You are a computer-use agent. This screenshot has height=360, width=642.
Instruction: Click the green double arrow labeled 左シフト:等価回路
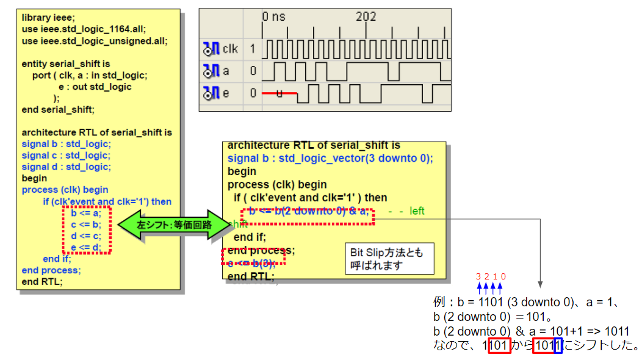coord(174,225)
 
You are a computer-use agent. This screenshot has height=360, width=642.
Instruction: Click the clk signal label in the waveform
coord(231,48)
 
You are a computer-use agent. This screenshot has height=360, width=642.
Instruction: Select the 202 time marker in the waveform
coord(366,16)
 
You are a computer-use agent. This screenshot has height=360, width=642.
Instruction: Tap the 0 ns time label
coord(274,16)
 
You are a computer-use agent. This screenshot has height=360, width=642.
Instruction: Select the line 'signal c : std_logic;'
coord(66,156)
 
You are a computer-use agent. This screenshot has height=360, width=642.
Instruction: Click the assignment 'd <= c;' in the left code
coord(86,236)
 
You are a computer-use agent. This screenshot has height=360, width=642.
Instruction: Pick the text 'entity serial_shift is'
coord(66,63)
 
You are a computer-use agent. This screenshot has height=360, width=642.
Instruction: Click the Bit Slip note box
coord(389,259)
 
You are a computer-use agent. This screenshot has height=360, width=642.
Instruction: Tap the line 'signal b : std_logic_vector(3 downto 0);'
coord(330,158)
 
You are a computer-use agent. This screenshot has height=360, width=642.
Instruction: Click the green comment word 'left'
coord(417,211)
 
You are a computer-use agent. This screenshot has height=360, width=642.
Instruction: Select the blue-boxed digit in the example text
coord(558,346)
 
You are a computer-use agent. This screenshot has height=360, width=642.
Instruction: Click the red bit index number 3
coord(478,276)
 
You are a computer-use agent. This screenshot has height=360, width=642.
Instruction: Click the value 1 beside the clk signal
coord(253,48)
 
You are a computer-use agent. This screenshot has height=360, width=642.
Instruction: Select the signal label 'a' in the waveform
coord(226,71)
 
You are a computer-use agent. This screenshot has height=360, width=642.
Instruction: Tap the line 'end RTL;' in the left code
coord(42,281)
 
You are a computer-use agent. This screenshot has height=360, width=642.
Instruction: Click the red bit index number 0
coord(503,276)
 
